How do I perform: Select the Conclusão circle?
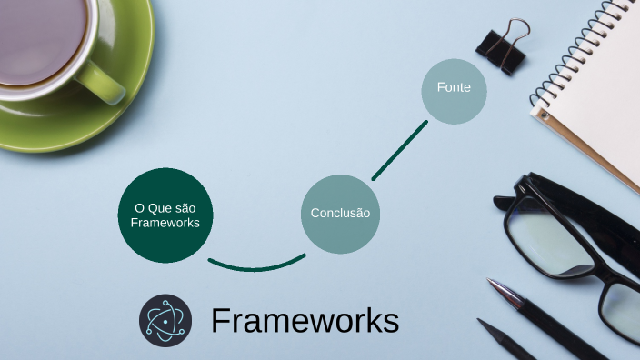click(x=340, y=214)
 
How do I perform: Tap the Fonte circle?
click(x=454, y=90)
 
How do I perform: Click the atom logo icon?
click(x=165, y=320)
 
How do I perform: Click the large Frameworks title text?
click(x=305, y=321)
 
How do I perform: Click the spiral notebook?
click(x=595, y=82)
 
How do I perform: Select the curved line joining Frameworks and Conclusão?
click(x=256, y=267)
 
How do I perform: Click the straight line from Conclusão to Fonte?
click(x=399, y=150)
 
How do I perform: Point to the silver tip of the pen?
click(x=498, y=290)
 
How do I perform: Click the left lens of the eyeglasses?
click(x=551, y=239)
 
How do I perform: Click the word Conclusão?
click(x=340, y=214)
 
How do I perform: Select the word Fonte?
click(x=454, y=88)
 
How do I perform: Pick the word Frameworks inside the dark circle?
click(x=165, y=223)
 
